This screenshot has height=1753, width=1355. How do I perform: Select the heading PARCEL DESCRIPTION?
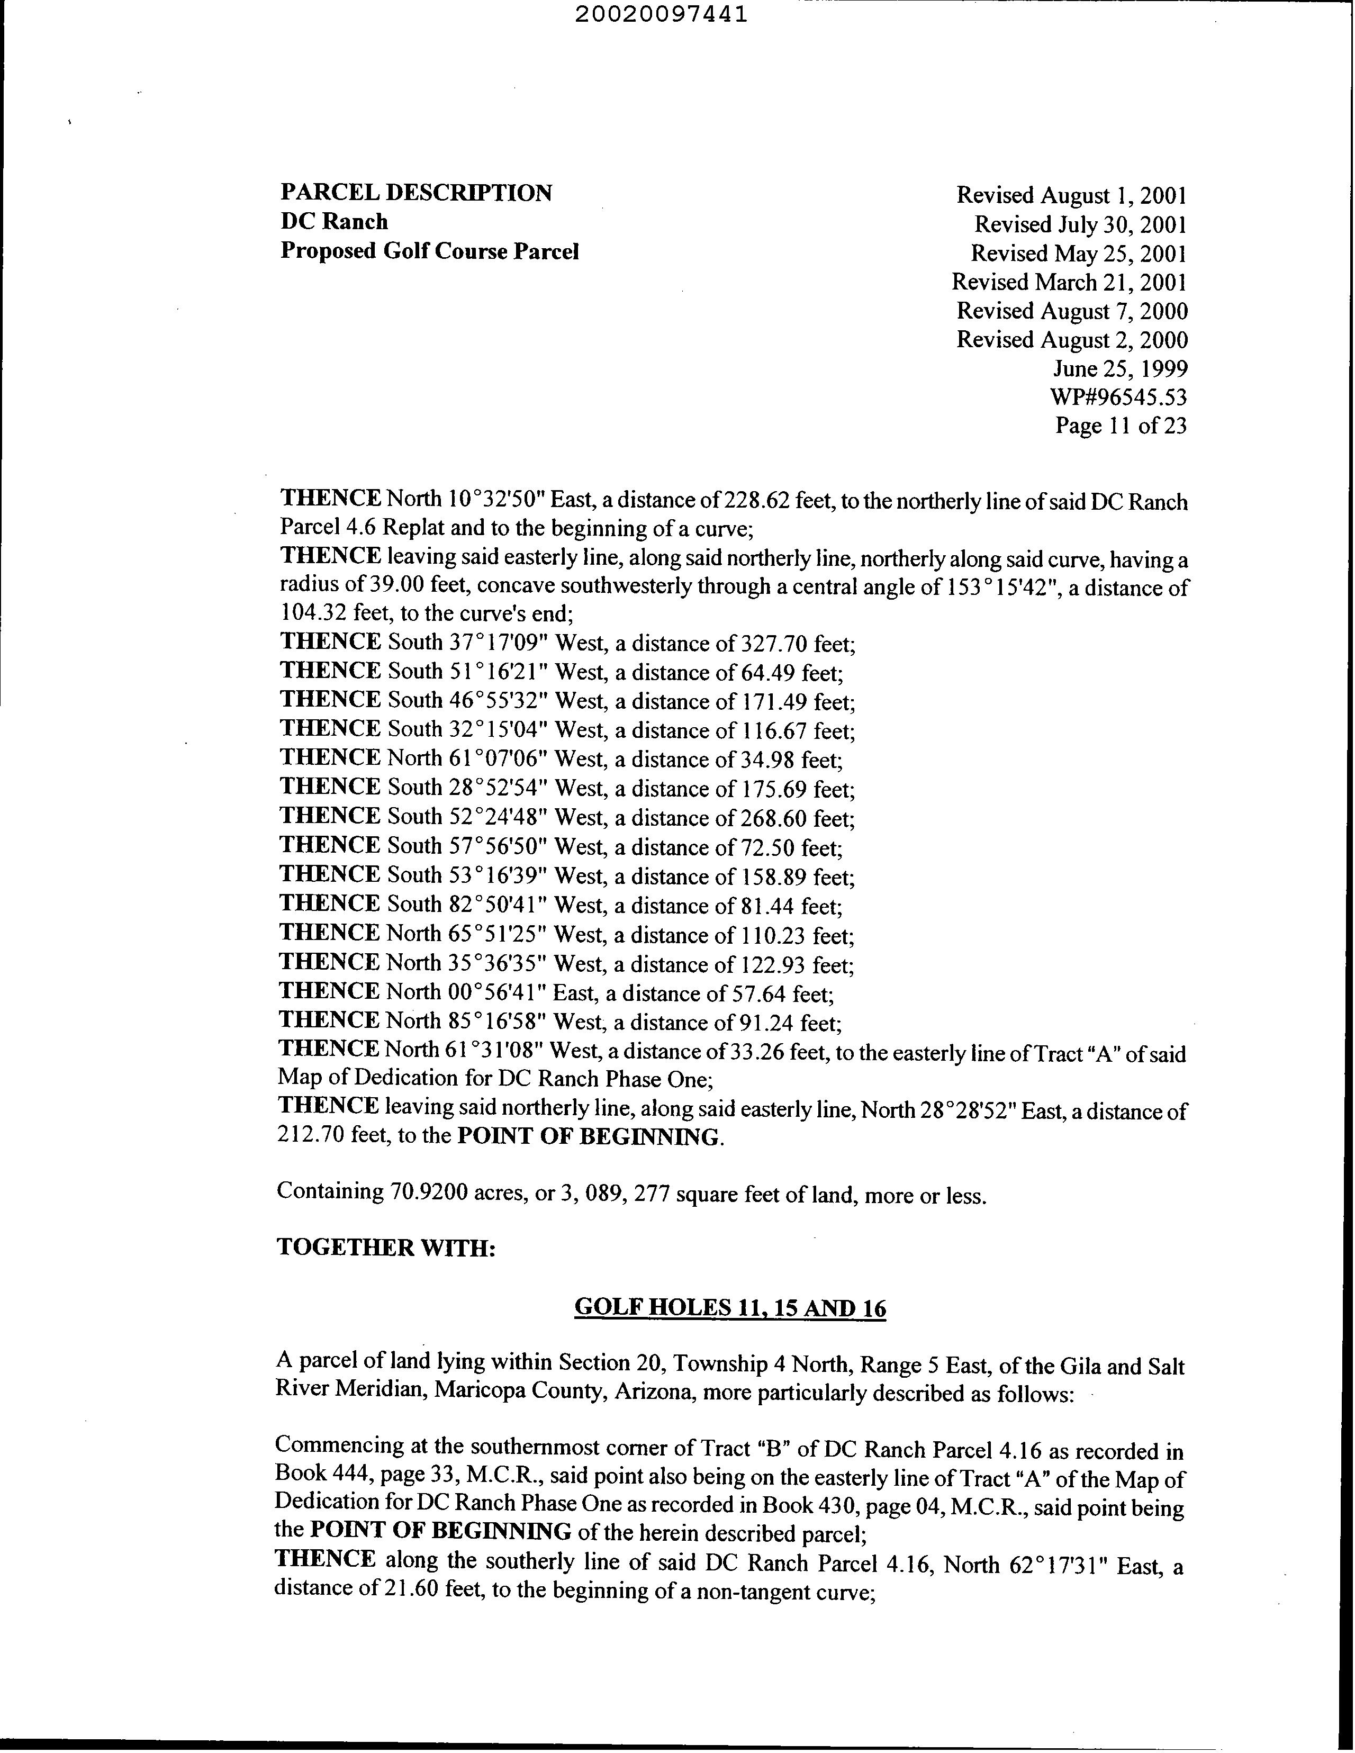[x=416, y=193]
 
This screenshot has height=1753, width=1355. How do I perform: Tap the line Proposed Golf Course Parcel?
[x=429, y=251]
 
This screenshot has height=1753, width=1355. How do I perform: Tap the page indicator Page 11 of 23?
[x=1121, y=426]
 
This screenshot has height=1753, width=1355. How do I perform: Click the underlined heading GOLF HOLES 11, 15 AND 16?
[x=730, y=1308]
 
